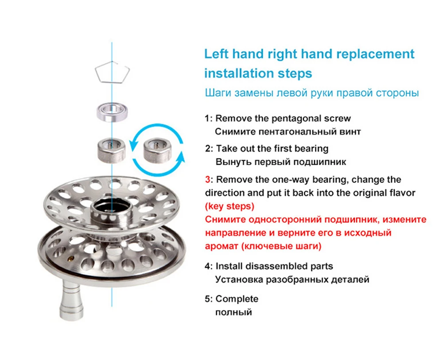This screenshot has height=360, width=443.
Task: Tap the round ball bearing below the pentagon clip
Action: [112, 112]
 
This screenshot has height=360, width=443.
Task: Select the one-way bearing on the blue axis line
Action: [111, 150]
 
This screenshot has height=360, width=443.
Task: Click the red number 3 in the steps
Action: [208, 180]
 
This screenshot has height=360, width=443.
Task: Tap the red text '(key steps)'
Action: [229, 206]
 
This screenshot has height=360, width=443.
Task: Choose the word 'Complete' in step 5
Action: [237, 299]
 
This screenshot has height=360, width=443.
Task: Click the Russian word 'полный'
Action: [233, 312]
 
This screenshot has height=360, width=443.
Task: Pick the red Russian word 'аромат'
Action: [221, 247]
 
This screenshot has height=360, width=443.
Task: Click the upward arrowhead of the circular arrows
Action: [180, 157]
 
